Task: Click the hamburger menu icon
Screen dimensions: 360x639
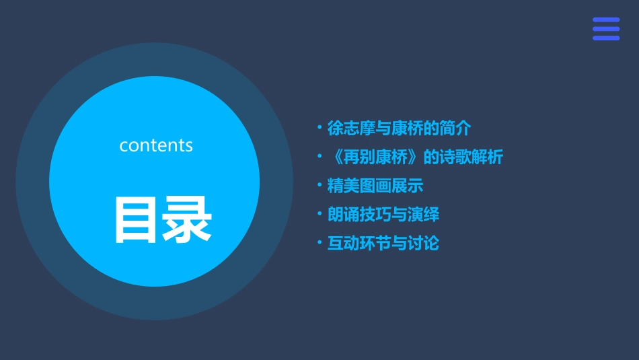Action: click(x=605, y=29)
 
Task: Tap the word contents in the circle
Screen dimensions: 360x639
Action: click(x=156, y=145)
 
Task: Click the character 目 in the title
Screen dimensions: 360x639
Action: click(x=137, y=219)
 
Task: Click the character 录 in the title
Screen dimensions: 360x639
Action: click(x=186, y=219)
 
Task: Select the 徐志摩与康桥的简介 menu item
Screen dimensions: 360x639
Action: click(x=399, y=128)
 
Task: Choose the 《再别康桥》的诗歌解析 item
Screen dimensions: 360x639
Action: click(x=415, y=157)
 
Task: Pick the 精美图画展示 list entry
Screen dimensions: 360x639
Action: click(x=375, y=186)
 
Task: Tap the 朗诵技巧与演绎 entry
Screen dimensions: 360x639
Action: click(x=383, y=215)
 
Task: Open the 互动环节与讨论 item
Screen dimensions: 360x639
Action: click(x=383, y=243)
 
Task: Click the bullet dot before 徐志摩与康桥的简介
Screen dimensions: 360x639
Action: click(x=319, y=127)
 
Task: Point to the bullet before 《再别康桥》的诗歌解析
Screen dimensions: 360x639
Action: click(x=319, y=157)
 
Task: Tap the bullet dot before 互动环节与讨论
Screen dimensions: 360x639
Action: click(x=319, y=242)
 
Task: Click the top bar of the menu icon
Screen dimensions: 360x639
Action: click(x=605, y=20)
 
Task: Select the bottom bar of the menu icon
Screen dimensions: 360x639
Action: click(x=605, y=38)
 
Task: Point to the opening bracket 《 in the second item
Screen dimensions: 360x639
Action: click(x=334, y=157)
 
